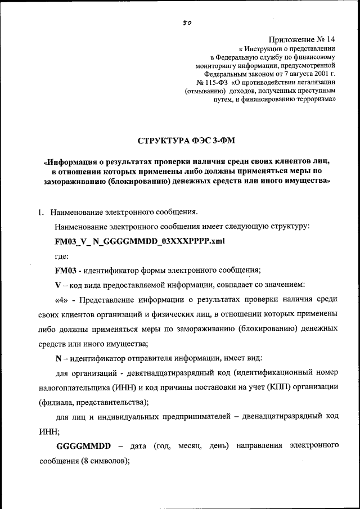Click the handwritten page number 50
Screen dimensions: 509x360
[x=187, y=24]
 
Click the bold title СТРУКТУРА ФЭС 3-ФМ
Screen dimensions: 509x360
[x=184, y=139]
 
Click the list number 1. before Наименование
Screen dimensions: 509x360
[x=40, y=213]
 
